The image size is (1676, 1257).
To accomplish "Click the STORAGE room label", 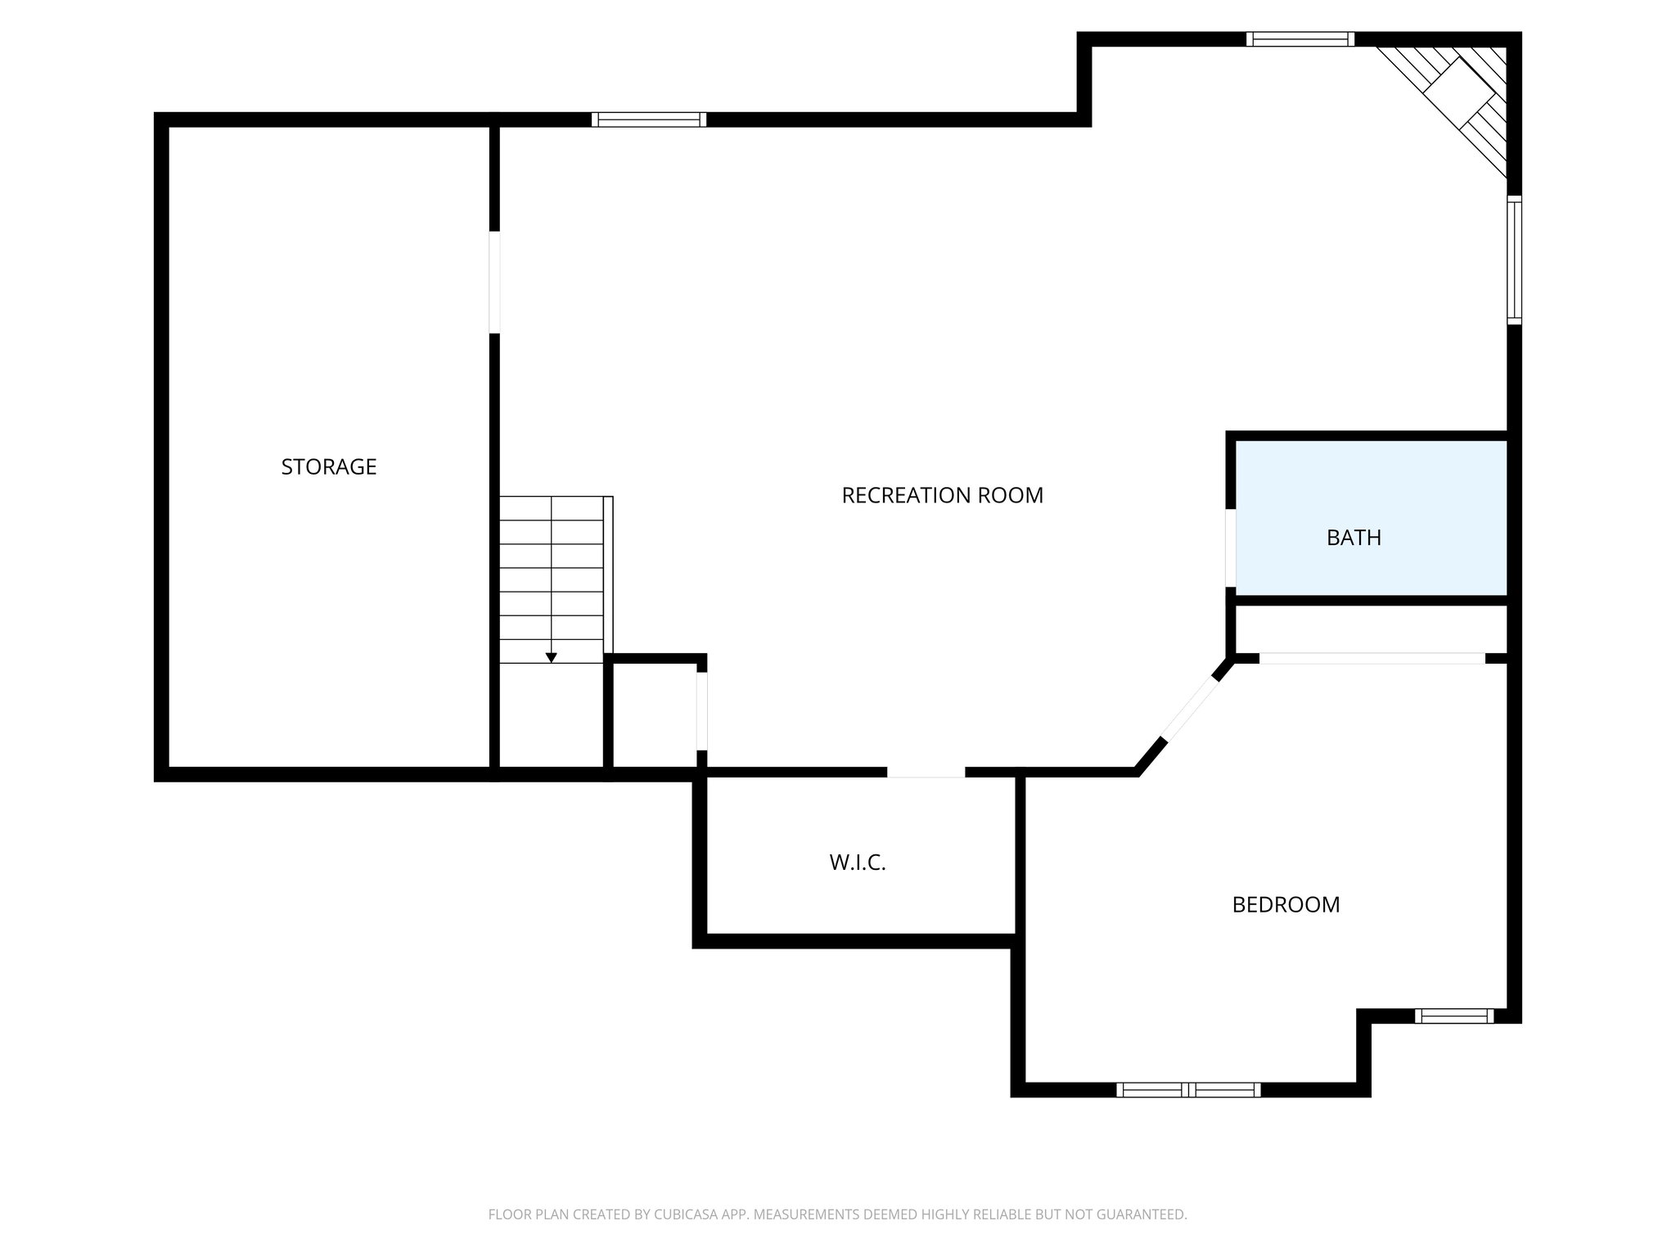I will pyautogui.click(x=328, y=466).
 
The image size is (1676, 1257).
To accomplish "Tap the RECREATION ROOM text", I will pyautogui.click(x=942, y=495).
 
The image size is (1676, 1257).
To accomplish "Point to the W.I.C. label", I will pyautogui.click(x=858, y=862).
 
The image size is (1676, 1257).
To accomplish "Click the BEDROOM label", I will pyautogui.click(x=1286, y=904).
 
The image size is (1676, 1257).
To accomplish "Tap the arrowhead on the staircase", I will pyautogui.click(x=552, y=657).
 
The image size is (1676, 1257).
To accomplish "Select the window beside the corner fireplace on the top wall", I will pyautogui.click(x=1300, y=38).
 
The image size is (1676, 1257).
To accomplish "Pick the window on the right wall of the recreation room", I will pyautogui.click(x=1514, y=260).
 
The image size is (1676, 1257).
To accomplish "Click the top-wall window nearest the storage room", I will pyautogui.click(x=648, y=119).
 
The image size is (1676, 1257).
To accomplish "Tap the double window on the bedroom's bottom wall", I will pyautogui.click(x=1188, y=1089).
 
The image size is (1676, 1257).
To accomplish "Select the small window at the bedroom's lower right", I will pyautogui.click(x=1454, y=1016).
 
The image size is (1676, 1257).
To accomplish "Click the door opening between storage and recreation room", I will pyautogui.click(x=494, y=282).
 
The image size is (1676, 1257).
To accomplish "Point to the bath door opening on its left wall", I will pyautogui.click(x=1230, y=547).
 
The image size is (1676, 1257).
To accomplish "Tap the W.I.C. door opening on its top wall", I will pyautogui.click(x=926, y=772).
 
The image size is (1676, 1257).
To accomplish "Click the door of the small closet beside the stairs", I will pyautogui.click(x=701, y=710).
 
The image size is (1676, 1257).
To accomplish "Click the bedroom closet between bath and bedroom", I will pyautogui.click(x=1370, y=629).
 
